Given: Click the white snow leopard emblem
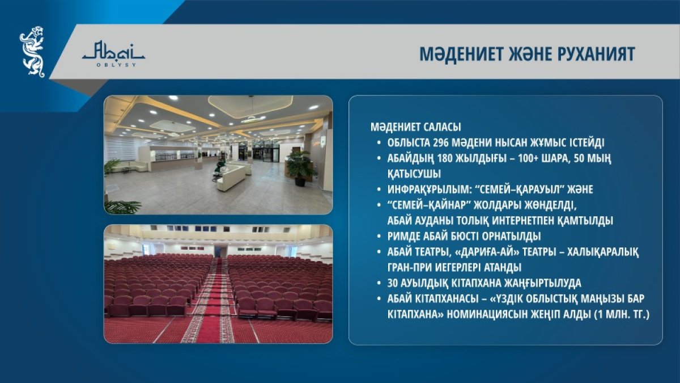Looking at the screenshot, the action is click(32, 52).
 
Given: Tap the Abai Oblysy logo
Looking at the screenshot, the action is click(113, 54).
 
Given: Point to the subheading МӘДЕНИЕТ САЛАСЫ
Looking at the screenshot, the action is click(415, 127).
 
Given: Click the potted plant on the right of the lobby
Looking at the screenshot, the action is click(300, 168).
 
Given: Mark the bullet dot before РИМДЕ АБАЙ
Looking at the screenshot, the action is click(379, 237).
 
